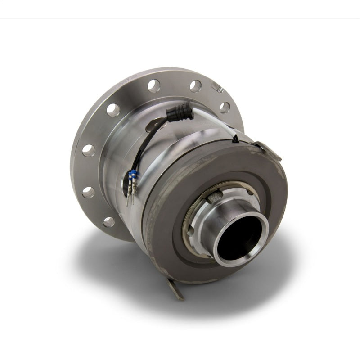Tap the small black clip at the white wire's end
click(235, 140)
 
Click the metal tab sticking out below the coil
click(176, 288)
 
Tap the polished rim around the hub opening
click(225, 256)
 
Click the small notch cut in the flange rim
click(216, 87)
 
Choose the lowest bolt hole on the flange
click(108, 221)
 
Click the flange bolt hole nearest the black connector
click(195, 85)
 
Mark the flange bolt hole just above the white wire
click(224, 107)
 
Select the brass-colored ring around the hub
click(191, 225)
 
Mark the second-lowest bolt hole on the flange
click(89, 192)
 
